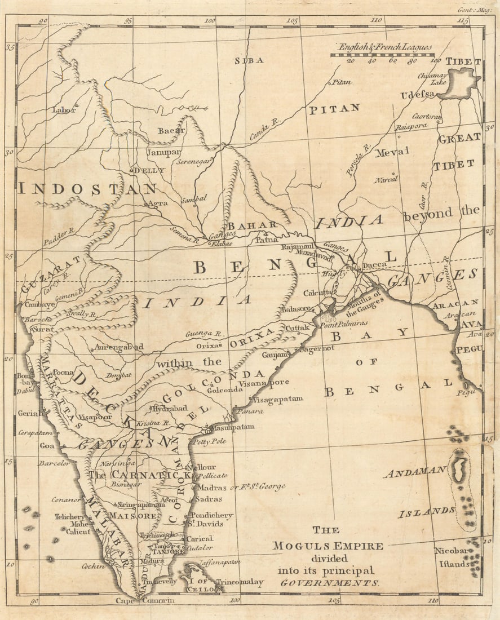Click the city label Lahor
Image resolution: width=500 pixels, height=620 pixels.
tap(63, 110)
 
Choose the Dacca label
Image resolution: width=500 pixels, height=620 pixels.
tap(375, 264)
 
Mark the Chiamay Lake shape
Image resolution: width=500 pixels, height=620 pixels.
tap(461, 83)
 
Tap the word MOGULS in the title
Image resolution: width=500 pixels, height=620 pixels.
tap(303, 546)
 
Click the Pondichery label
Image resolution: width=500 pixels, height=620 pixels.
tap(211, 515)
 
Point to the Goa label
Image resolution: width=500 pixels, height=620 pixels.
tap(47, 445)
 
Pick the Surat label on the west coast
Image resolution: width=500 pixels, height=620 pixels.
tap(43, 329)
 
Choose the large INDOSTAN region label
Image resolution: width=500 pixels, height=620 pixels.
tap(87, 189)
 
